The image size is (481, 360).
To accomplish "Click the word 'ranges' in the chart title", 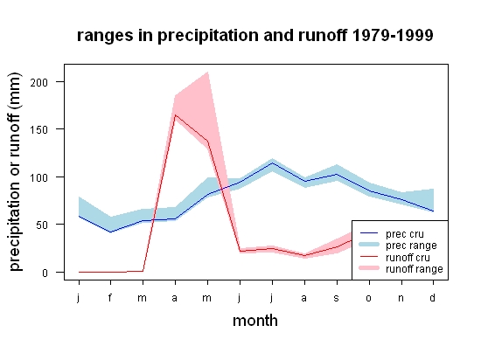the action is tap(105, 36).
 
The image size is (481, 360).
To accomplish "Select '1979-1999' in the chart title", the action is tap(393, 35).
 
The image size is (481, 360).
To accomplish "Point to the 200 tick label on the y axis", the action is tap(39, 82).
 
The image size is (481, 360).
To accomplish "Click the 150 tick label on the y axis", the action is tap(39, 130).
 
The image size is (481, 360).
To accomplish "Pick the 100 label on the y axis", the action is tap(39, 177).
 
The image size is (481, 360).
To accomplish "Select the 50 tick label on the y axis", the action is tap(42, 225).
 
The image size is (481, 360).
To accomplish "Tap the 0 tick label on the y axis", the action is tap(45, 273).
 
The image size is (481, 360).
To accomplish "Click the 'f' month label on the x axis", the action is tap(110, 297).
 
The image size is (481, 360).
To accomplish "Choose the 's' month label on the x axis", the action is tap(337, 298).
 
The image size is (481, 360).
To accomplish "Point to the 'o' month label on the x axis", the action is tap(369, 298).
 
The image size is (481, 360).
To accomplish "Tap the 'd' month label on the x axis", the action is tap(432, 297).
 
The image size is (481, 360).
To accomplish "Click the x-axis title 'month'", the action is tap(255, 321).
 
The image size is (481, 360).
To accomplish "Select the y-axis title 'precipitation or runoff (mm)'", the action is tap(15, 172).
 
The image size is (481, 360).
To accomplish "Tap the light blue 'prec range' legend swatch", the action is tap(369, 245).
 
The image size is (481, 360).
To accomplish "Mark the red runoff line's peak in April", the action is tap(175, 114).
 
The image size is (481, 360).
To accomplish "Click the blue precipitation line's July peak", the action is tap(272, 163).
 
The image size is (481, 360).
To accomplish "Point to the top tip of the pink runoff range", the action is tap(208, 72).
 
